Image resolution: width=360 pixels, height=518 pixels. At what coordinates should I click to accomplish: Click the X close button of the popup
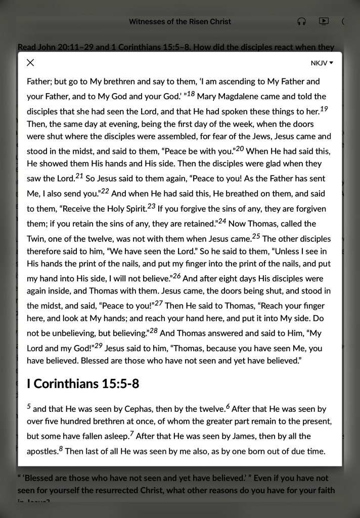[30, 63]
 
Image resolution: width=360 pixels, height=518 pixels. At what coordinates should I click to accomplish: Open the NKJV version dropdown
[322, 63]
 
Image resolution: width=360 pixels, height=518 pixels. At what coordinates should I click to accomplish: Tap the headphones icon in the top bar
[302, 21]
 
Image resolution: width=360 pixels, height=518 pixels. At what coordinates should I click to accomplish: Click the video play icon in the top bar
[324, 21]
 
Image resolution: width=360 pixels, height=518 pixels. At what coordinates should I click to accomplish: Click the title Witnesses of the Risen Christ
[180, 22]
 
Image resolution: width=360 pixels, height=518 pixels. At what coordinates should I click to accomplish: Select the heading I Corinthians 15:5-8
[83, 384]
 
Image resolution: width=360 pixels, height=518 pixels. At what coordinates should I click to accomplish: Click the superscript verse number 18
[191, 94]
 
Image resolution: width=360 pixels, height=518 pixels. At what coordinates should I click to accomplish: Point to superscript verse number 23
[151, 206]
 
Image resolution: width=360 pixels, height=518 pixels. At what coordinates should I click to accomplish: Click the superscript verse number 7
[131, 434]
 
